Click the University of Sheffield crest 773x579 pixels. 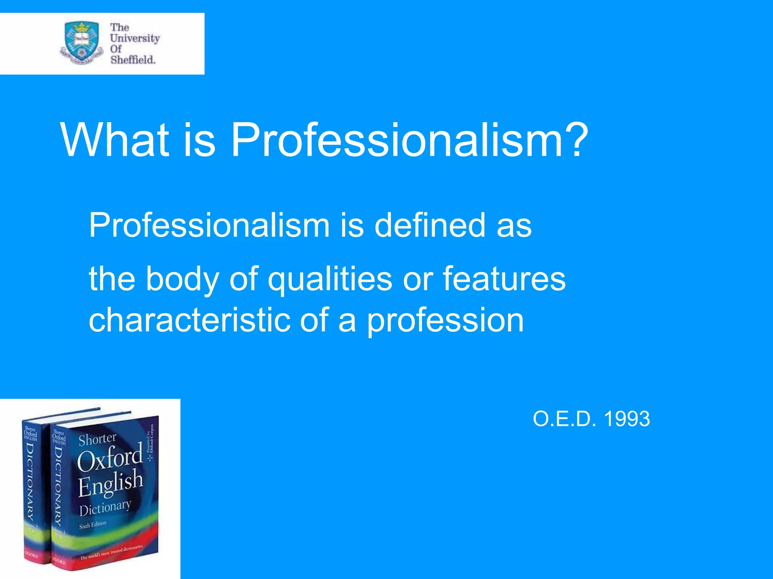(x=82, y=43)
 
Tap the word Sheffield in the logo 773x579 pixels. (x=133, y=60)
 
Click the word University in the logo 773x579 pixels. (x=135, y=38)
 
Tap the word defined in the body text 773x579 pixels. (x=430, y=225)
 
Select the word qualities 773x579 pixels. (x=330, y=279)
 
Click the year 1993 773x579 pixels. (x=627, y=419)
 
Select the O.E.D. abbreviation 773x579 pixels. (x=564, y=419)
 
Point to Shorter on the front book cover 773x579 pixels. (x=97, y=439)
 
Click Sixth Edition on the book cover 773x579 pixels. (x=92, y=525)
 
